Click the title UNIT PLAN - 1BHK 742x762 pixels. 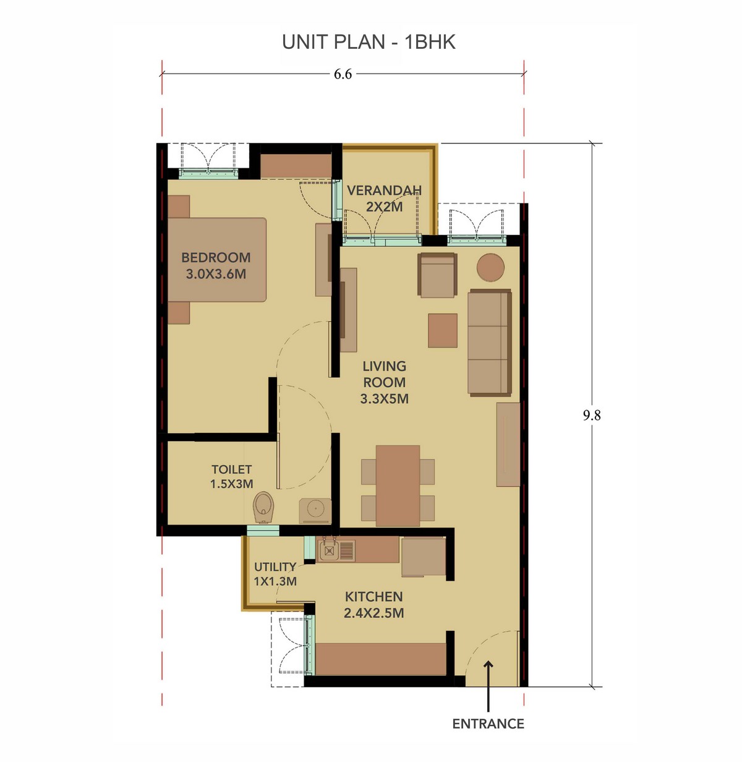[369, 42]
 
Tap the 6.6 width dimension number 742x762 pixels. [343, 74]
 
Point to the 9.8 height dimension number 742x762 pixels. [591, 415]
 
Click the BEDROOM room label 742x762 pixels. [216, 257]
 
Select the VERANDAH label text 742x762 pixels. [384, 191]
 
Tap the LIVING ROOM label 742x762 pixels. [384, 374]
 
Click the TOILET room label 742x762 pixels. [231, 469]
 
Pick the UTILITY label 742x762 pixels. [275, 567]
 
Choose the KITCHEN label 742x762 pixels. [373, 596]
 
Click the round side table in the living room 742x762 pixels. [490, 267]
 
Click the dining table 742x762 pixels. [398, 486]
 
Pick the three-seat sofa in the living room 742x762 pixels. [490, 343]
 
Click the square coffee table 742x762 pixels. [443, 330]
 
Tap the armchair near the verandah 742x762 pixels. [437, 275]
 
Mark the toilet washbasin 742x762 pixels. [315, 511]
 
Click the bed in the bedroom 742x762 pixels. [217, 260]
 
